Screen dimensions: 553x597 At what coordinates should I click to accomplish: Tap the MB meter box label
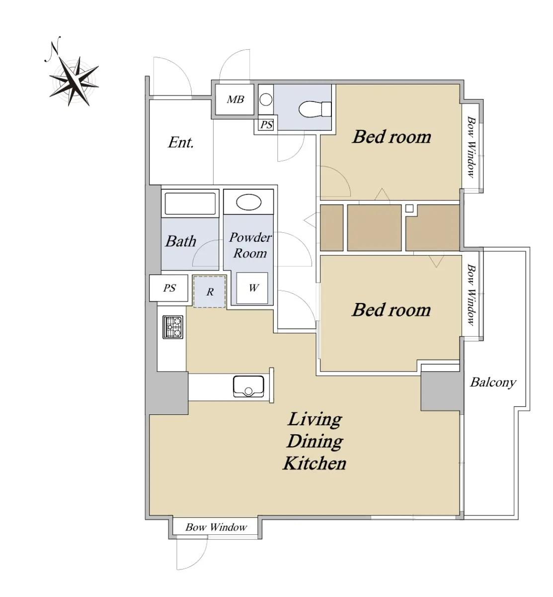pos(236,99)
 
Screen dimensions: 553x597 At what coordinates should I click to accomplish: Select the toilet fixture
pos(315,109)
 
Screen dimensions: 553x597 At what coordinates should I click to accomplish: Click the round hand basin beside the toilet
pos(266,99)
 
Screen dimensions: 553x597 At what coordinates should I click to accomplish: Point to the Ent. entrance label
pos(180,142)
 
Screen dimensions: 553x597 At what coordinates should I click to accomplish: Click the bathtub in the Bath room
pos(190,203)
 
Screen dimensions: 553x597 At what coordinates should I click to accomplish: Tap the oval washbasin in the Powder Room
pos(248,202)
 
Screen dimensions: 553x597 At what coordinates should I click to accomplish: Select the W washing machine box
pos(252,288)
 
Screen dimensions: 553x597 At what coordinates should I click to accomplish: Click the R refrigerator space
pos(210,292)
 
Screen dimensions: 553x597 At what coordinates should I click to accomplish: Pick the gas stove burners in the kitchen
pos(173,327)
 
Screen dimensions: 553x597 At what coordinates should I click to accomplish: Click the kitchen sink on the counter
pos(248,386)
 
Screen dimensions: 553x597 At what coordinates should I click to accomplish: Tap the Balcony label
pos(493,383)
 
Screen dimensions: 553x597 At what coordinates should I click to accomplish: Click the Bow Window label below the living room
pos(216,527)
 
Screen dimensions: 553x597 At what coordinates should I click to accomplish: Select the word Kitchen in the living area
pos(315,463)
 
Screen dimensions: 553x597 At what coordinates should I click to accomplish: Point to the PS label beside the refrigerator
pos(169,288)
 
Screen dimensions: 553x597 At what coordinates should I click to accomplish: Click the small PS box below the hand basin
pos(266,124)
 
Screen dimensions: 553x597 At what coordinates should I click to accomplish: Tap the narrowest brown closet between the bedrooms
pos(331,227)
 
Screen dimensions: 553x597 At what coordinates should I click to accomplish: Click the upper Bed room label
pos(392,137)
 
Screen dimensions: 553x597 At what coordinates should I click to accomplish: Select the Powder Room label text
pos(250,245)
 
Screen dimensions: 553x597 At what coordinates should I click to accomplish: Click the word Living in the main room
pos(315,419)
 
